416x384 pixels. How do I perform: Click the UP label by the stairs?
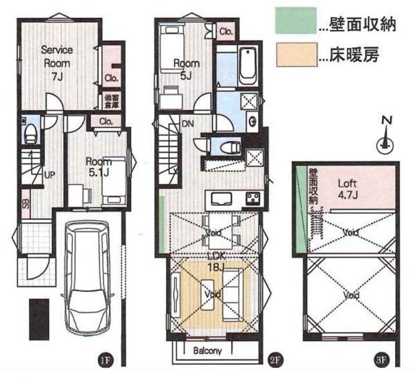pyautogui.click(x=49, y=174)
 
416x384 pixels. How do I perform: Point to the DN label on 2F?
pyautogui.click(x=187, y=125)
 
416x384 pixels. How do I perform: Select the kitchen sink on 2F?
pyautogui.click(x=223, y=199)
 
